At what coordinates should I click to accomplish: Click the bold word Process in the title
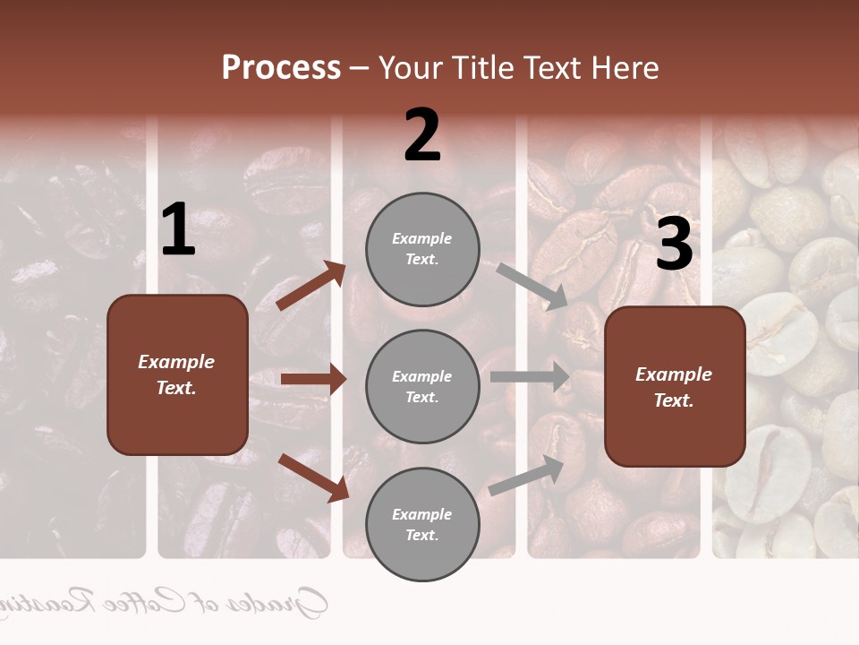click(281, 68)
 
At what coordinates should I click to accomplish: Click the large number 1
click(178, 231)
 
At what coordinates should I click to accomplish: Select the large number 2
click(422, 135)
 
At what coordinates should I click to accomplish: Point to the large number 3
click(674, 245)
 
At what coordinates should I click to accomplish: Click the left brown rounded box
click(177, 374)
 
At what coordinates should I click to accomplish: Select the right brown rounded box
click(675, 386)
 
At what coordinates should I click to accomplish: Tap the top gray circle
click(422, 249)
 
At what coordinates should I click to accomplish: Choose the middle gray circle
click(422, 386)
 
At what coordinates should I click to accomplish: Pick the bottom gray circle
click(422, 524)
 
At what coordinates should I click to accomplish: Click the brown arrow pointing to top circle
click(311, 286)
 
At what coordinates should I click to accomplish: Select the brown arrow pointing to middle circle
click(313, 379)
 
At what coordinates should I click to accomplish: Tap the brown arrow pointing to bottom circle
click(313, 477)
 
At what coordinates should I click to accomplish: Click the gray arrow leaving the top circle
click(532, 286)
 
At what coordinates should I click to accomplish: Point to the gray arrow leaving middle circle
click(530, 376)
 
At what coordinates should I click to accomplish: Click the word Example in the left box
click(176, 362)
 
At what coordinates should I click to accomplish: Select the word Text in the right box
click(674, 400)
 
